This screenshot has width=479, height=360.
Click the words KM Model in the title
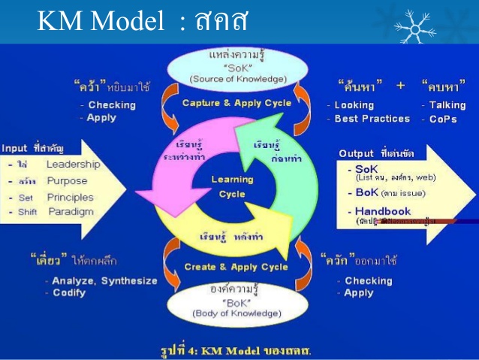[x=95, y=23]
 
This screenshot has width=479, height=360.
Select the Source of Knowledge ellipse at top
[x=236, y=66]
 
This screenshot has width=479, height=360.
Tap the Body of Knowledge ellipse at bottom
[x=236, y=301]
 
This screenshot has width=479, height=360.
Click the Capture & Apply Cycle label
[x=236, y=103]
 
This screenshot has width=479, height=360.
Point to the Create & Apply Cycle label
[x=236, y=267]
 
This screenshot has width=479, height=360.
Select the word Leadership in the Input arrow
[x=73, y=165]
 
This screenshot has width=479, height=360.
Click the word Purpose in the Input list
[x=67, y=181]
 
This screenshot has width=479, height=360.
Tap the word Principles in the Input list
[x=70, y=198]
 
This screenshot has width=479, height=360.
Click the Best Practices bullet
[x=372, y=119]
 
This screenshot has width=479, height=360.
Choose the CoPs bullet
[x=443, y=119]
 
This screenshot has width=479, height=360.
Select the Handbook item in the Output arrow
[x=382, y=211]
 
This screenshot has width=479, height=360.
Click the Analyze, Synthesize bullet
[x=104, y=280]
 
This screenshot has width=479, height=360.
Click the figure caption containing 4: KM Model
[x=236, y=350]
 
